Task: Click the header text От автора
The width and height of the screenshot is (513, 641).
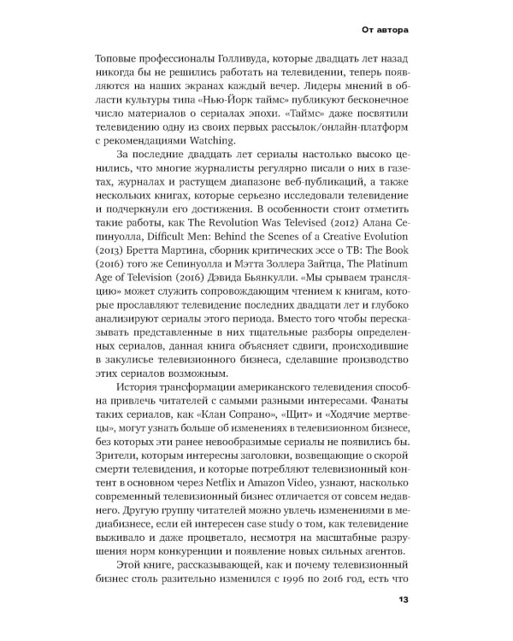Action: click(380, 32)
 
